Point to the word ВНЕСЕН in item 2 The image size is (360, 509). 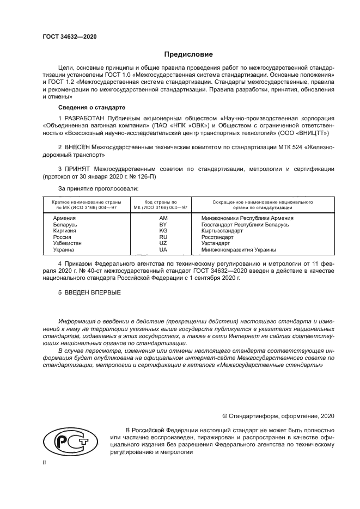click(x=82, y=148)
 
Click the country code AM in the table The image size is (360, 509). click(x=162, y=218)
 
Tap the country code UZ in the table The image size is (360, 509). click(x=162, y=244)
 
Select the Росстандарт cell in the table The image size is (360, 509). click(x=217, y=237)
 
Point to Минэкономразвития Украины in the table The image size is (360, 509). click(x=239, y=250)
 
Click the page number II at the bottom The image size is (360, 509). click(x=45, y=462)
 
